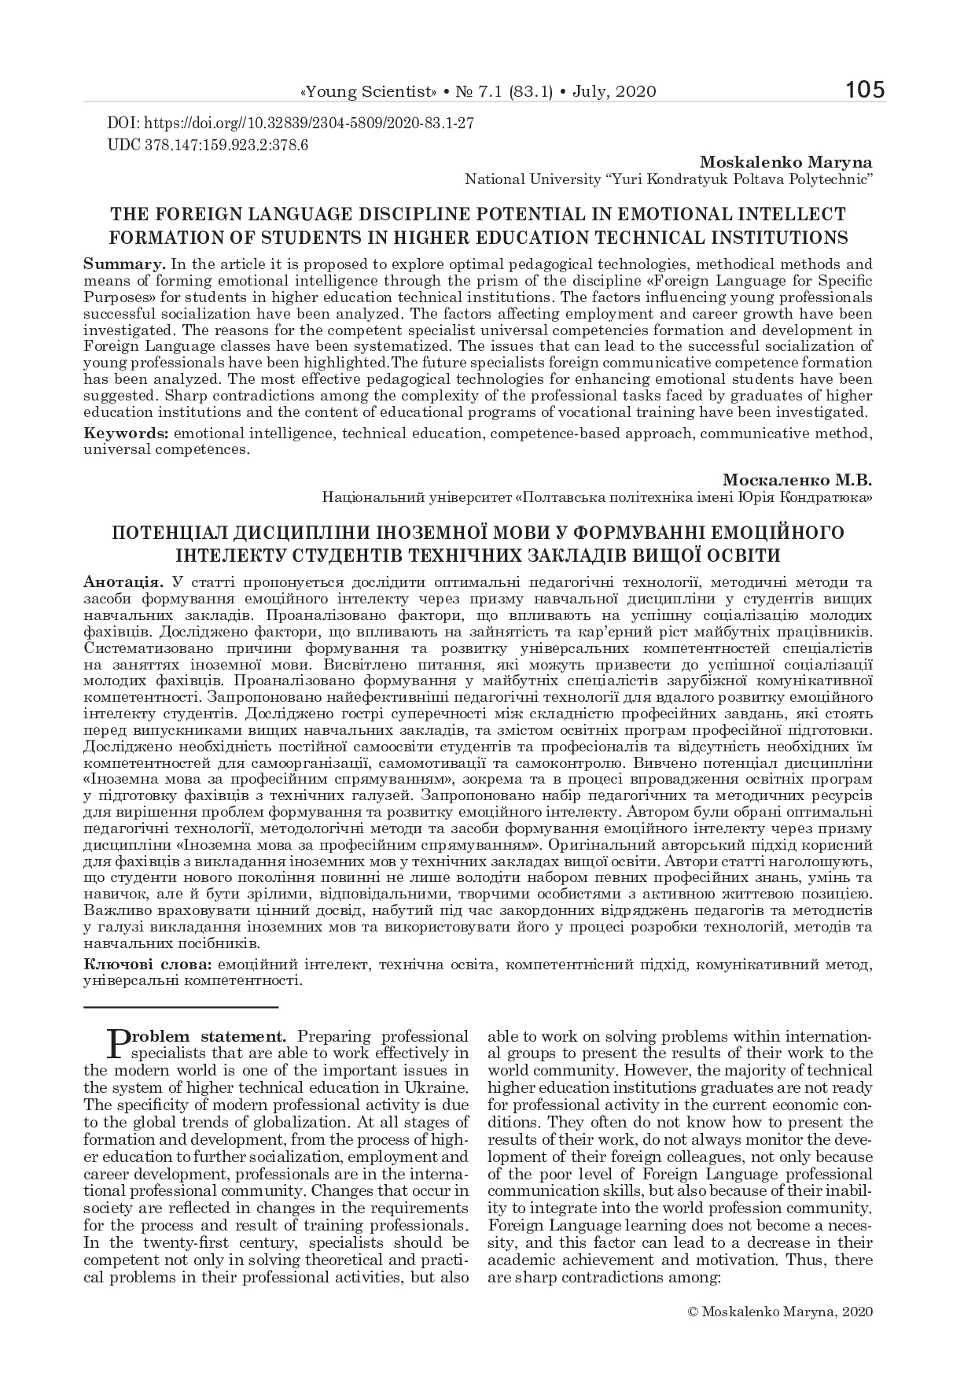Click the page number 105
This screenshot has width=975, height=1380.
tap(866, 90)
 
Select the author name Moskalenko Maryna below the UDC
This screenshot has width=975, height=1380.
tap(786, 163)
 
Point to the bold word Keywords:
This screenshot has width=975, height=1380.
tap(126, 434)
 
